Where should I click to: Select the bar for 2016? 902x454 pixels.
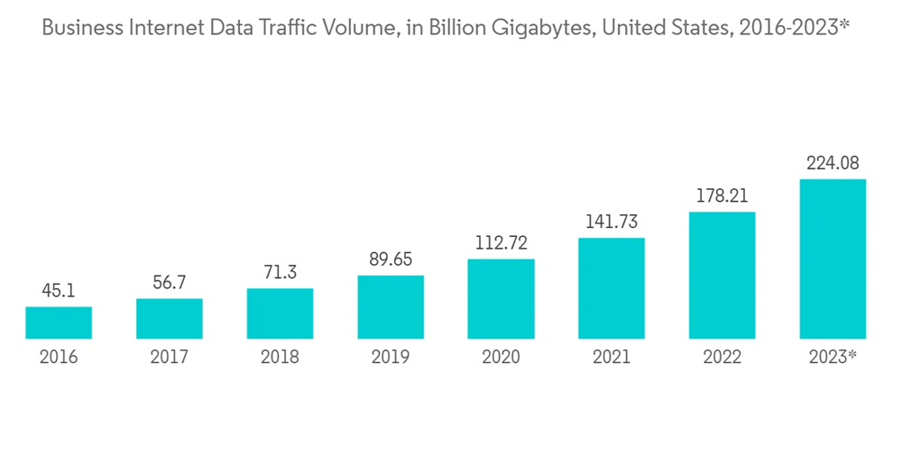point(59,323)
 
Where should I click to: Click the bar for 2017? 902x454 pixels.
point(170,319)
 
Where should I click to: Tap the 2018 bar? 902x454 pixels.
point(280,314)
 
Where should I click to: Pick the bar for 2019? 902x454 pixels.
point(391,307)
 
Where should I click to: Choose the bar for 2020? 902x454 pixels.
point(501,299)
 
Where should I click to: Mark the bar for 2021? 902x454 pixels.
point(612,289)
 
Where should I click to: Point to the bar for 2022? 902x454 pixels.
point(722,276)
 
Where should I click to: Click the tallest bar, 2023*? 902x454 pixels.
point(833,259)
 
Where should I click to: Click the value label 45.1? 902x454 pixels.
point(59,291)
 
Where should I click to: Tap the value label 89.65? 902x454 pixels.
point(391,259)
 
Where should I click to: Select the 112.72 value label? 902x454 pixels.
point(501,243)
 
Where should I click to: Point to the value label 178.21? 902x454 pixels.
point(722,196)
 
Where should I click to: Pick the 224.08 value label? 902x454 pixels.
point(833,163)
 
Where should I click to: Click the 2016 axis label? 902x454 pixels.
point(59,358)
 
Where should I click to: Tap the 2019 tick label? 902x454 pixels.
point(391,358)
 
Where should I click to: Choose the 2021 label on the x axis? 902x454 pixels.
point(612,358)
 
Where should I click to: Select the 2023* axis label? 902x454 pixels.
point(833,358)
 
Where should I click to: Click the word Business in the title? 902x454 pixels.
point(80,28)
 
